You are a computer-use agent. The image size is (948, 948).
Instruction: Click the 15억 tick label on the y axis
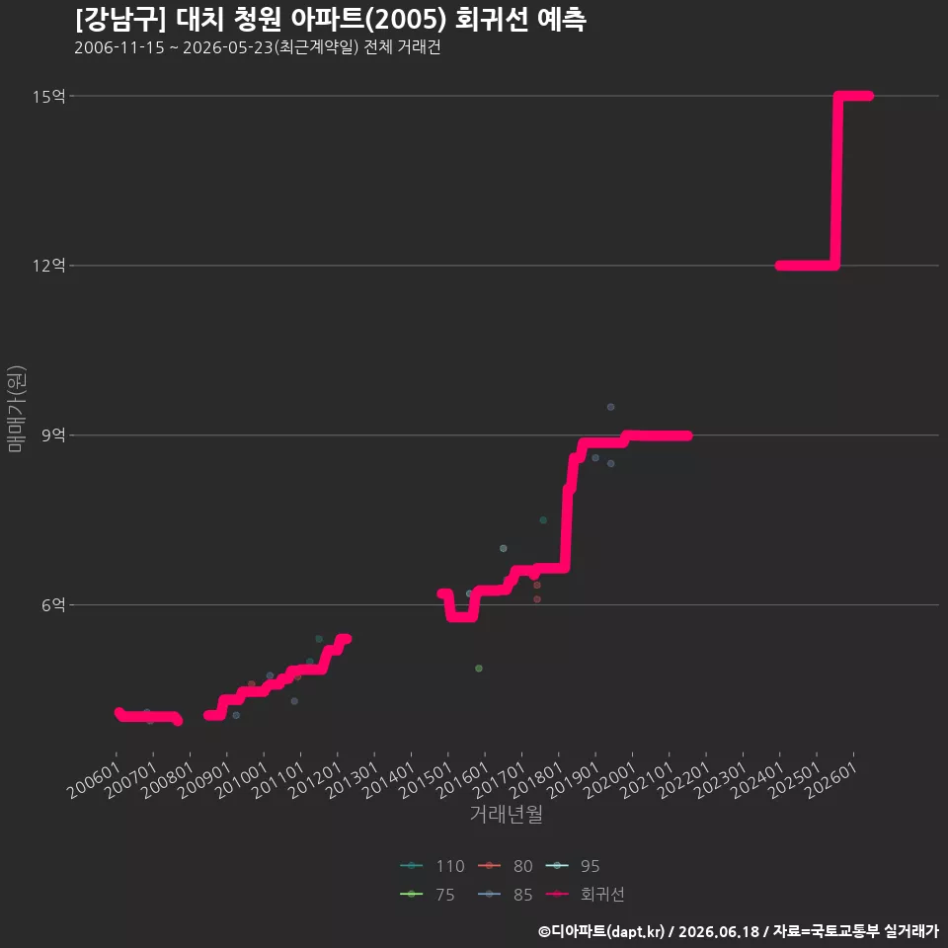(x=49, y=96)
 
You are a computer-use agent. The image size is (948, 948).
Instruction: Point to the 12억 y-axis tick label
(x=49, y=266)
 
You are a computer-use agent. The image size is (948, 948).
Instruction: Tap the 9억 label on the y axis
(x=53, y=435)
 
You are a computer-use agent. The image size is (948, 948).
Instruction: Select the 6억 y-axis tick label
(x=53, y=604)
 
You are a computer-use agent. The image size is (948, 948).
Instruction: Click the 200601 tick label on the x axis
(x=94, y=780)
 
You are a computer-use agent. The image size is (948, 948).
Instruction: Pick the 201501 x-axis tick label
(x=426, y=780)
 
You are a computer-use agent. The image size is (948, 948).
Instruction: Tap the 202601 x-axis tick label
(x=831, y=780)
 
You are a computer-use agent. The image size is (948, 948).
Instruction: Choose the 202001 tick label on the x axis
(x=610, y=780)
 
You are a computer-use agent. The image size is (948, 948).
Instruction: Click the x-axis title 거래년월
(x=506, y=814)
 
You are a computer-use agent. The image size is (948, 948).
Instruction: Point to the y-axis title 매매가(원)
(x=16, y=409)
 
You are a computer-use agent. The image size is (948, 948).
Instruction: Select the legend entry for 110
(x=433, y=866)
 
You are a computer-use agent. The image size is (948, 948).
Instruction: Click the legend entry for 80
(x=506, y=866)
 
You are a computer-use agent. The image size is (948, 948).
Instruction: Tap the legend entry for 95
(x=573, y=866)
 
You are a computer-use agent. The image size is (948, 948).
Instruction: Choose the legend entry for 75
(x=428, y=895)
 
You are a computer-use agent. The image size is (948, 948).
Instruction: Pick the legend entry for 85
(x=506, y=895)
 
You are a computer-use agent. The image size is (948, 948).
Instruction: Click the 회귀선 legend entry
(x=585, y=895)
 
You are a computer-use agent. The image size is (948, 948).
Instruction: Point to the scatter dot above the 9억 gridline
(x=610, y=407)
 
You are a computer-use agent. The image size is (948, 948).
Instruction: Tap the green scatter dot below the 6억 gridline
(x=479, y=669)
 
